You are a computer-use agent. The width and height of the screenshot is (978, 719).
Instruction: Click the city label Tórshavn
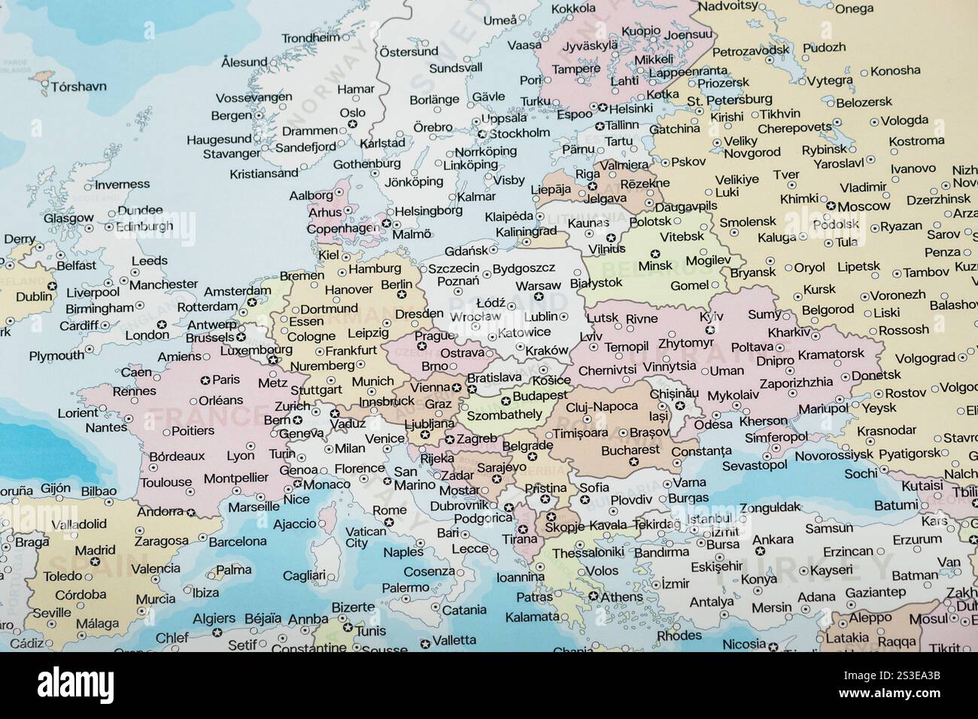pos(78,86)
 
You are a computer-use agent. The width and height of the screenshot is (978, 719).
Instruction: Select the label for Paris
pos(226,380)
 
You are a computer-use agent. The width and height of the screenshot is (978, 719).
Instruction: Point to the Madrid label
pos(95,549)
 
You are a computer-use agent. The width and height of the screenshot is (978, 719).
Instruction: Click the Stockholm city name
pos(520,133)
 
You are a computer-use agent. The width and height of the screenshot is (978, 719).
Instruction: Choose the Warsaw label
pos(538,286)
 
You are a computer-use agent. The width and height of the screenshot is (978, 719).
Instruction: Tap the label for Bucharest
pos(630,450)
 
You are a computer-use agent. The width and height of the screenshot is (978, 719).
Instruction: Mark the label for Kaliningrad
pos(527,232)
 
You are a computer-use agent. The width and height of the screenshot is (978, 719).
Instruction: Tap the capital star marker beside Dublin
pos(52,286)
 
